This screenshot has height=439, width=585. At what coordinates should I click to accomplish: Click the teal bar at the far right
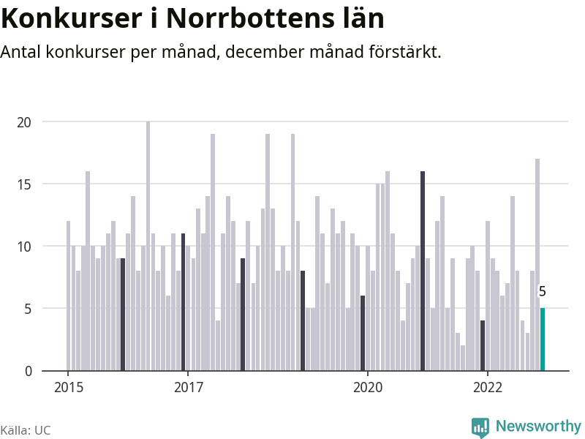click(543, 339)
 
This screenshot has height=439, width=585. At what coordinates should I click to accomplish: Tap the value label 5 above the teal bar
click(543, 292)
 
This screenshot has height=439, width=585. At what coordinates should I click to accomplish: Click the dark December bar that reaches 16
click(423, 271)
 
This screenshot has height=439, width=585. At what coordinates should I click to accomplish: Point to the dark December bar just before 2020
click(363, 333)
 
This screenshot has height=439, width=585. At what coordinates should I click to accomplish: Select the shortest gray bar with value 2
click(463, 358)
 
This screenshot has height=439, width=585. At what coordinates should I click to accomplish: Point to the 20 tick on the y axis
click(25, 122)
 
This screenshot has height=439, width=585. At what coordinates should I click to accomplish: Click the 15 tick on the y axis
click(25, 184)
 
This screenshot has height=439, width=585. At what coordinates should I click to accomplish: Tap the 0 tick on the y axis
click(29, 371)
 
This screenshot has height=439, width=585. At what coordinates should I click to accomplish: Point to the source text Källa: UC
click(26, 430)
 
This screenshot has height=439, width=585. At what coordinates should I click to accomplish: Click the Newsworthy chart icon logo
click(480, 427)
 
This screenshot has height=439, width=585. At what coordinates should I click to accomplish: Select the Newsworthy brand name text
click(538, 426)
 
